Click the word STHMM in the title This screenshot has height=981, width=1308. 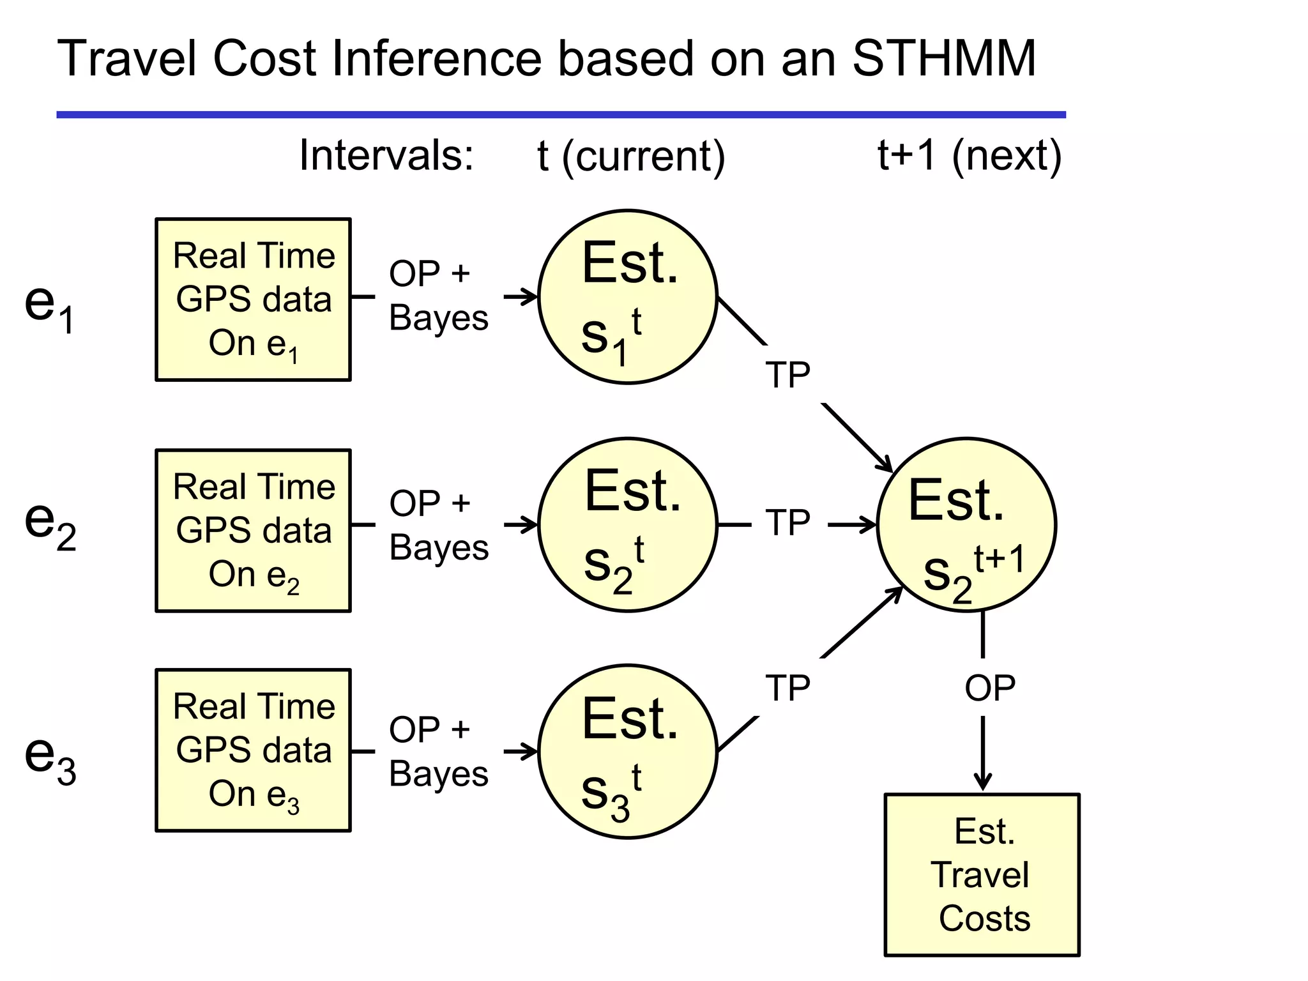[944, 59]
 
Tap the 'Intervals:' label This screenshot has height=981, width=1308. [386, 155]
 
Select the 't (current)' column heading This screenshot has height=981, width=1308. [631, 156]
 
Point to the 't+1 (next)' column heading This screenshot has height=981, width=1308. [969, 155]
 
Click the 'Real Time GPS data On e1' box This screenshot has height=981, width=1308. [254, 300]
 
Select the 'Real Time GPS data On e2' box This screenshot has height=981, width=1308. [254, 531]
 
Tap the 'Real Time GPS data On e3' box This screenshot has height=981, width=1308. [254, 750]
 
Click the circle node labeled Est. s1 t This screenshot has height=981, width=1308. [628, 297]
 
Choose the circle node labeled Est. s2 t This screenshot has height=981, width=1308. [628, 525]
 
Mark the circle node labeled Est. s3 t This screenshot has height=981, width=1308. [628, 752]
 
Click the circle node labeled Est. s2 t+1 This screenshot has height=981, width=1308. [966, 525]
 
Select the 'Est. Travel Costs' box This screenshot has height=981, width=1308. [982, 875]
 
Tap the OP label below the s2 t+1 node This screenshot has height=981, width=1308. [989, 688]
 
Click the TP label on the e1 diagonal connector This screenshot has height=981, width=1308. [787, 374]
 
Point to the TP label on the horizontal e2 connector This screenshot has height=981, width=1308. [787, 522]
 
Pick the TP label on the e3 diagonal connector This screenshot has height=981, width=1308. [787, 688]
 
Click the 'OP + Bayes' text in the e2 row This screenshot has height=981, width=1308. [439, 525]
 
